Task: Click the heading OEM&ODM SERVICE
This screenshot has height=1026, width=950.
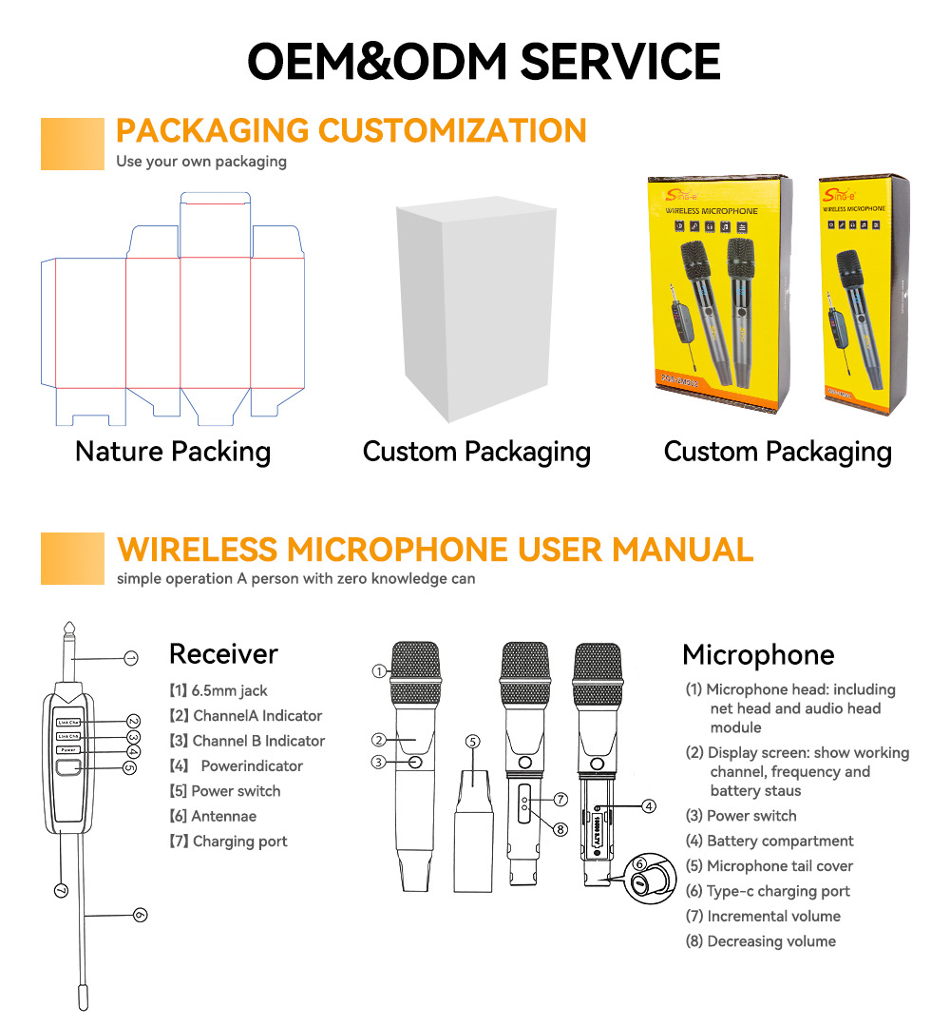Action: tap(484, 61)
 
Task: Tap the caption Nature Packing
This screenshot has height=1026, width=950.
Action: tap(173, 451)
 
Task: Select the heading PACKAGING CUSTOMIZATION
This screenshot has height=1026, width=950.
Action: tap(351, 130)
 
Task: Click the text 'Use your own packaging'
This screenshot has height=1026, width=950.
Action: tap(201, 161)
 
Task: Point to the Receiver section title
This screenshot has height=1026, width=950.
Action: tap(223, 654)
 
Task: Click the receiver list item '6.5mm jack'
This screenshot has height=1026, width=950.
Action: tap(218, 691)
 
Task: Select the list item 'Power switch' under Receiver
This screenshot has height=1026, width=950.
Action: tap(224, 791)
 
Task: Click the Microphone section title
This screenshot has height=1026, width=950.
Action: tap(758, 655)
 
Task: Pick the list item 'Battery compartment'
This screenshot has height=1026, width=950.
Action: tap(769, 841)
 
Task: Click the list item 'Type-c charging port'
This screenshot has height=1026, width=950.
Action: tap(768, 891)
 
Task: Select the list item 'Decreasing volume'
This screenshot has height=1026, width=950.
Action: tap(760, 941)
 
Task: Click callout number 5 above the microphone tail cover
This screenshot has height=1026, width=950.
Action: tap(474, 741)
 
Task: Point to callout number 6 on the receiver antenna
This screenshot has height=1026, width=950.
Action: tap(140, 915)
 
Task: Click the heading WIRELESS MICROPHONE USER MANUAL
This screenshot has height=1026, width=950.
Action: tap(434, 550)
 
